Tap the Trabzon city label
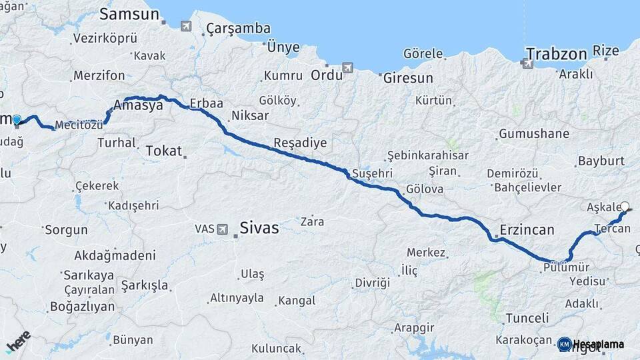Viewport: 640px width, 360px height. tap(556, 53)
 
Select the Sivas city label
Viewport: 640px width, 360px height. tap(259, 228)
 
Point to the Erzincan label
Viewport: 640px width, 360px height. tap(527, 230)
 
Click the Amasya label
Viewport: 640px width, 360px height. tap(138, 105)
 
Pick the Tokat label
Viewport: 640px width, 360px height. tap(163, 151)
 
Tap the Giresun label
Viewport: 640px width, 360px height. tap(407, 78)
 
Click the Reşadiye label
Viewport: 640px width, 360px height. tap(300, 143)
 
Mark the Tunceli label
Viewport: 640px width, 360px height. tap(527, 318)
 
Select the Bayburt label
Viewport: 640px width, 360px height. tap(601, 161)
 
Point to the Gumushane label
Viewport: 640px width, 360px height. tap(533, 133)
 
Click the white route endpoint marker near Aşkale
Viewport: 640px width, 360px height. tap(625, 206)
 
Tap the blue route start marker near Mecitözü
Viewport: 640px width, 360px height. tap(17, 119)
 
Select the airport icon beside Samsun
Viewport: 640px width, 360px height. tap(185, 26)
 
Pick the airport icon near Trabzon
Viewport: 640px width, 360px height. tap(527, 63)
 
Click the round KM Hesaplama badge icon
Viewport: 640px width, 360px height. tap(564, 344)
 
